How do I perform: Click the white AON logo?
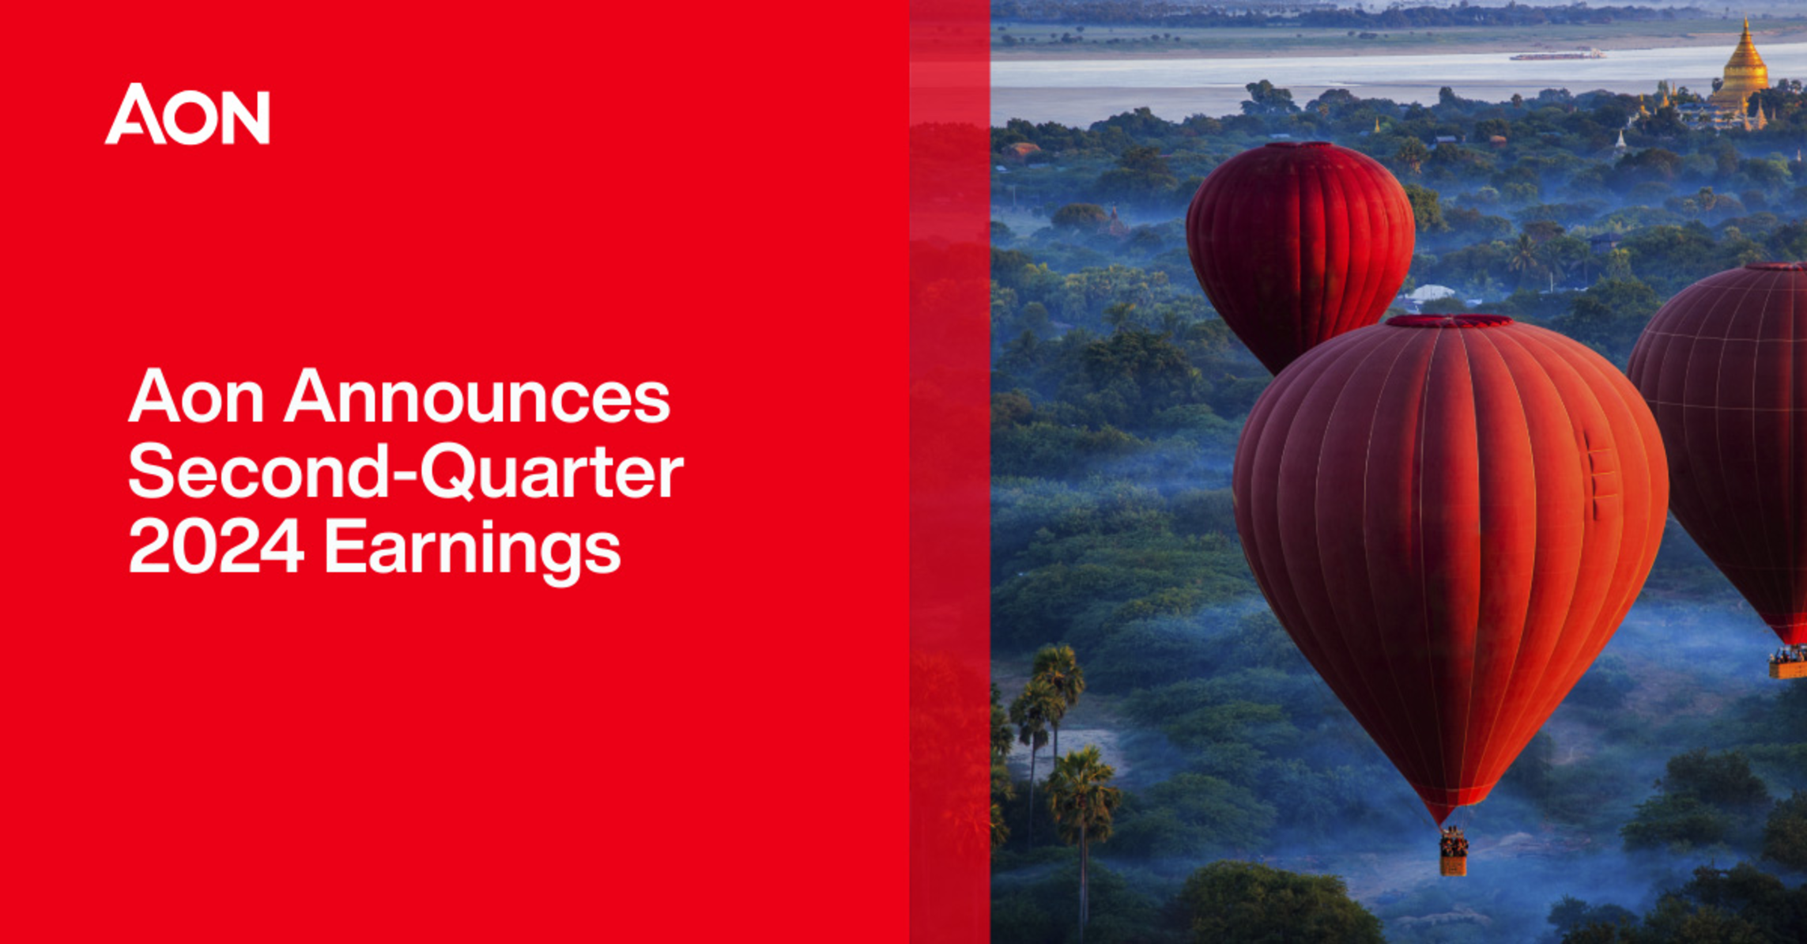coord(187,115)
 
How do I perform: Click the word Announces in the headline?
coord(477,396)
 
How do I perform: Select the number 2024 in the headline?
coord(216,546)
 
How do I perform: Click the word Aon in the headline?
coord(196,396)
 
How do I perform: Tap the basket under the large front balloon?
coord(1453,854)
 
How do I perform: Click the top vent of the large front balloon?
coord(1449,321)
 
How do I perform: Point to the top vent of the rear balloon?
coord(1300,145)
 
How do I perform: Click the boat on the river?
coord(1557,55)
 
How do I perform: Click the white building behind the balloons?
coord(1429,294)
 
